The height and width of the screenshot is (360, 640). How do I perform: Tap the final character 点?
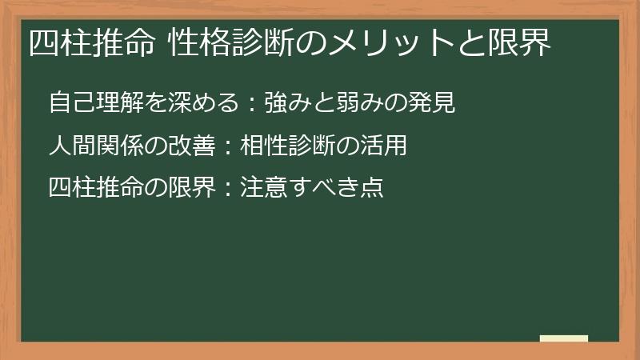coord(372,188)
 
